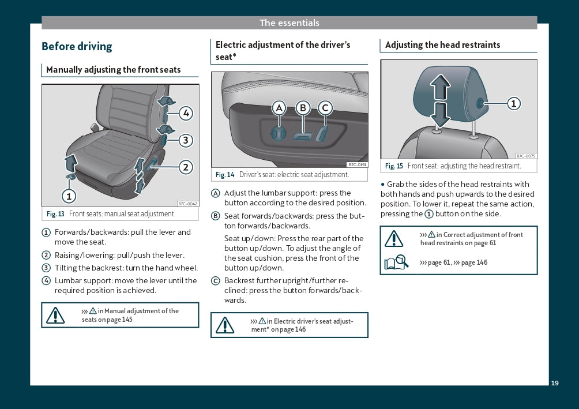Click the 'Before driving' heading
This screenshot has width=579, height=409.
tap(77, 47)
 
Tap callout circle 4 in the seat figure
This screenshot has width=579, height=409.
tap(185, 113)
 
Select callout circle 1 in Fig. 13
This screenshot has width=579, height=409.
tap(69, 196)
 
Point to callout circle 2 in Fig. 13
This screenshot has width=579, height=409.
tap(185, 167)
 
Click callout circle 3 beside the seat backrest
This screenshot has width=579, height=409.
tap(185, 140)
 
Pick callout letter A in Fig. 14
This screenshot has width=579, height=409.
tap(279, 108)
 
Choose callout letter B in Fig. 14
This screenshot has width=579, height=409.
tap(303, 108)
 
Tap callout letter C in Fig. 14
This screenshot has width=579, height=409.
tap(325, 108)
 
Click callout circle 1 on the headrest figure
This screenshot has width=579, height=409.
tap(513, 104)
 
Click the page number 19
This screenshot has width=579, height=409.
tap(555, 383)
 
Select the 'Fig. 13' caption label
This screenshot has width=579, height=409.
tap(55, 214)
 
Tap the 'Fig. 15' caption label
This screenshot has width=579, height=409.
tap(394, 166)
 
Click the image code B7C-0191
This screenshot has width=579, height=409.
tap(358, 164)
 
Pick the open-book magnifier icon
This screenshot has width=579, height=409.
tap(396, 262)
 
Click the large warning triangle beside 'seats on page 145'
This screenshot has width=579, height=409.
tap(55, 315)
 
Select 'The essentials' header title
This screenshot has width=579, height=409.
tap(289, 23)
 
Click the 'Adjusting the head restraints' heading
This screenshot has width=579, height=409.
tap(442, 45)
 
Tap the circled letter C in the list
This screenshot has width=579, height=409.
tap(216, 281)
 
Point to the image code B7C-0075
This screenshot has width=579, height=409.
tap(526, 156)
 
